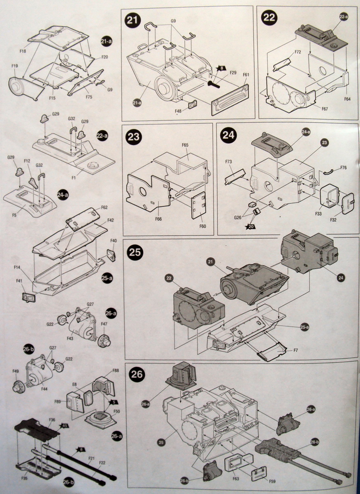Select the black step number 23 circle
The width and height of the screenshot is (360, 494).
134,137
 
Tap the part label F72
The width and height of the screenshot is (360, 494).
298,53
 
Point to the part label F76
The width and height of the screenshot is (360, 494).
344,168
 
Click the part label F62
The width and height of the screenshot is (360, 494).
105,207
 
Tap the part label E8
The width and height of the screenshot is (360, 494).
74,384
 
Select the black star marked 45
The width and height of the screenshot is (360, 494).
65,425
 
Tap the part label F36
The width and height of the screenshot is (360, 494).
52,420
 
